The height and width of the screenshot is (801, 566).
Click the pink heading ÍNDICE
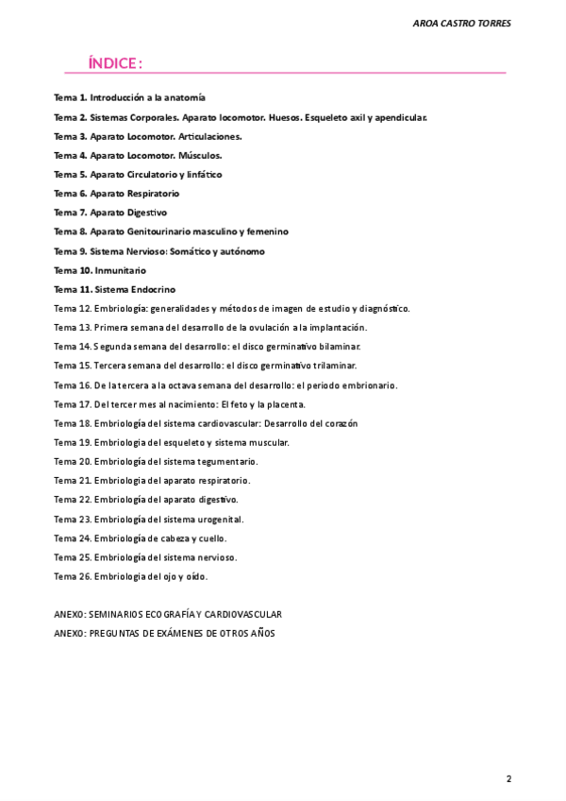[114, 63]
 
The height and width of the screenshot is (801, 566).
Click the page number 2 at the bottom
[508, 778]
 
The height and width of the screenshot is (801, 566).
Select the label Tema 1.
[70, 97]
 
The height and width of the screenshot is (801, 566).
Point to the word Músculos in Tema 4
[201, 155]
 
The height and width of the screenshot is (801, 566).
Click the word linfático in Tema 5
[203, 175]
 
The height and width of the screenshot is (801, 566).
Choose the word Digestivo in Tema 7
[147, 213]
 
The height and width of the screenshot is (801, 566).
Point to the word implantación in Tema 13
[337, 328]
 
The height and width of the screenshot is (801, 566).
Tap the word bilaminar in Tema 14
[335, 347]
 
